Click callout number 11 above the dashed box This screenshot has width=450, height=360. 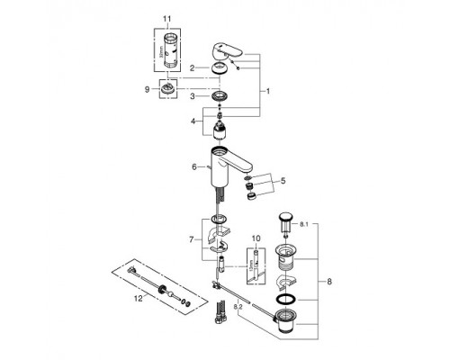click(x=165, y=18)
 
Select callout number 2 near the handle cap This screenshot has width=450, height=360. click(x=192, y=67)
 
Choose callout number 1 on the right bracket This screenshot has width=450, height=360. click(x=266, y=92)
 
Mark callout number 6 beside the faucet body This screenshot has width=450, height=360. click(x=193, y=166)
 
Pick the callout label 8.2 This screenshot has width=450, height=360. click(x=238, y=307)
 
